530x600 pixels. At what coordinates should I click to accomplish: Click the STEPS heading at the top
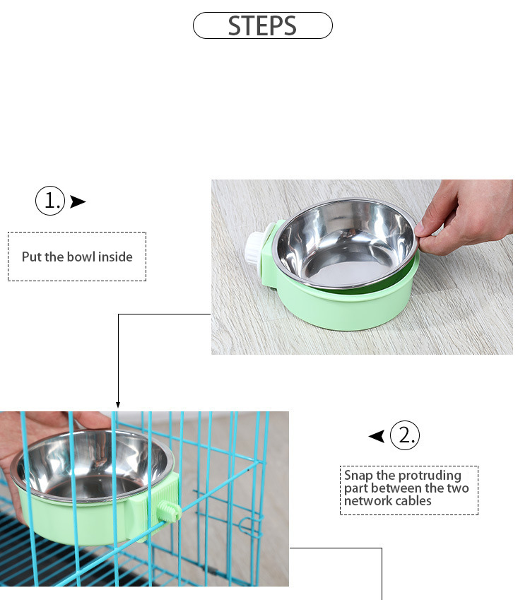pyautogui.click(x=262, y=25)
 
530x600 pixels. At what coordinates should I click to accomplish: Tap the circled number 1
pyautogui.click(x=50, y=201)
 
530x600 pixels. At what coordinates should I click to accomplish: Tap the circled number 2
pyautogui.click(x=405, y=435)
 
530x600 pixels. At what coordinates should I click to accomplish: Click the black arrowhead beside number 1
pyautogui.click(x=78, y=202)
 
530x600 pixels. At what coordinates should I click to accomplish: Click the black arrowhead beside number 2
pyautogui.click(x=377, y=436)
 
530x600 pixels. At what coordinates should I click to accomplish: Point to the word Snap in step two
pyautogui.click(x=358, y=476)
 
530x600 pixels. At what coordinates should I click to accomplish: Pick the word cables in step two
pyautogui.click(x=413, y=501)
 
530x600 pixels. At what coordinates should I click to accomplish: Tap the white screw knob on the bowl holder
pyautogui.click(x=254, y=248)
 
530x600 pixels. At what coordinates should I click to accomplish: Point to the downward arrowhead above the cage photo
pyautogui.click(x=118, y=405)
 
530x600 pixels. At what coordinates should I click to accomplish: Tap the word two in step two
pyautogui.click(x=455, y=488)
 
